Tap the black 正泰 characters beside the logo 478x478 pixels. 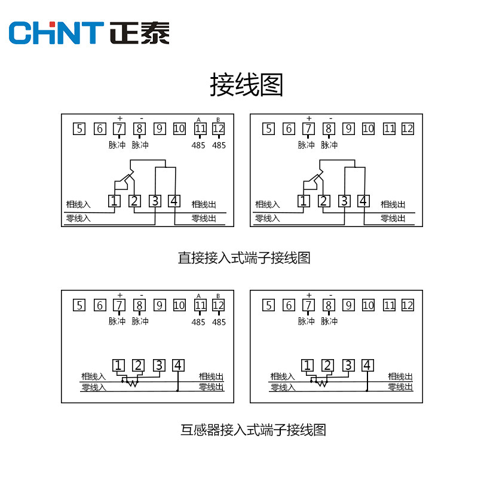140,33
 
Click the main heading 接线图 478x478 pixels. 246,85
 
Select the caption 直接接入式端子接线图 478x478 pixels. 244,258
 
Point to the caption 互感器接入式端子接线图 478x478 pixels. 253,430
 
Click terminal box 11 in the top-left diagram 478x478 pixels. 200,128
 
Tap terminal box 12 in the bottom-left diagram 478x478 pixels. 218,305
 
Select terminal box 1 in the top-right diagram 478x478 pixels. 304,201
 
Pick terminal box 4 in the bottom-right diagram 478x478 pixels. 367,365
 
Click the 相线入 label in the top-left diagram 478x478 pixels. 78,204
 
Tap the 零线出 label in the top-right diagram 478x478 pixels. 393,219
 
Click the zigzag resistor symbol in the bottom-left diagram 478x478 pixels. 131,383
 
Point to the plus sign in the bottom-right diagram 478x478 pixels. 308,295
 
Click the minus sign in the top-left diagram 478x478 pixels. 141,118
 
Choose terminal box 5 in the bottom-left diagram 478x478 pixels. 79,305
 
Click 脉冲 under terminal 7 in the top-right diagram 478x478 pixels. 307,145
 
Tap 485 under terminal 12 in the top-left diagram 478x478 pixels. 219,145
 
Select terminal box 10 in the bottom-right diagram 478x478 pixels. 368,305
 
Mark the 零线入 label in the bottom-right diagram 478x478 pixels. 283,388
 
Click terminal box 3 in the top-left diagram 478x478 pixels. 155,201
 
